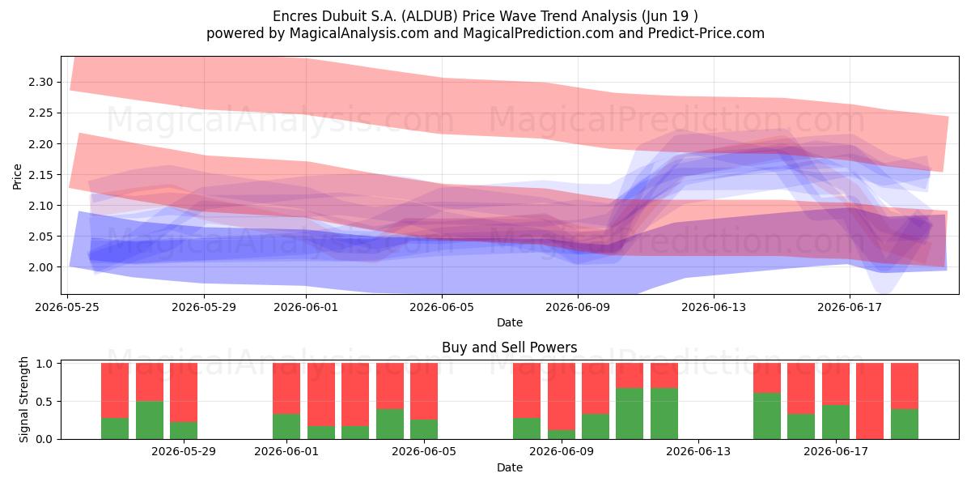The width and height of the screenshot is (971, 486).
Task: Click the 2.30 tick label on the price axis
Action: [x=40, y=82]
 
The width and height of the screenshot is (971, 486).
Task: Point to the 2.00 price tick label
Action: [x=40, y=267]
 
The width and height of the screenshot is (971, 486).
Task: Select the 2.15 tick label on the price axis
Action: [x=40, y=175]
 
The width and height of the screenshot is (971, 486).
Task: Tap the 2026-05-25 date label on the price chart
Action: [x=67, y=307]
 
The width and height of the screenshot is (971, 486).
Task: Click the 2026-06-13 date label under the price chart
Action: [x=714, y=307]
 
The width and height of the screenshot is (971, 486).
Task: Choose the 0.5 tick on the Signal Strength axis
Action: [x=44, y=402]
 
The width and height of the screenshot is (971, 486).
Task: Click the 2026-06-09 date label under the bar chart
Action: [x=562, y=452]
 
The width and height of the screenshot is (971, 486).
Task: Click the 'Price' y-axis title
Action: [x=17, y=177]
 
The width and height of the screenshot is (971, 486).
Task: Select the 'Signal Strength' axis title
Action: [x=23, y=399]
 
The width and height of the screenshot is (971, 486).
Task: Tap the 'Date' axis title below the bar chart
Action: [x=510, y=467]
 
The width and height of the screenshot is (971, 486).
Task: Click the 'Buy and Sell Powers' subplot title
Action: [x=510, y=347]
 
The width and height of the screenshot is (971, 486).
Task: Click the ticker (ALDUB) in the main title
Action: [x=430, y=16]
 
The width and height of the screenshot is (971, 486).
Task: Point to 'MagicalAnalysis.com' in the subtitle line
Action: [x=359, y=33]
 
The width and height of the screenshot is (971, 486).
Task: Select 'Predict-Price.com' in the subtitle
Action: [x=706, y=33]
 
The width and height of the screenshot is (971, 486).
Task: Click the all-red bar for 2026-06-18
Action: [x=870, y=401]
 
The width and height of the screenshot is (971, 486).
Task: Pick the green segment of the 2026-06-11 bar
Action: [x=630, y=414]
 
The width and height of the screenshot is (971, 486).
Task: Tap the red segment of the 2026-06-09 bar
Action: [x=562, y=397]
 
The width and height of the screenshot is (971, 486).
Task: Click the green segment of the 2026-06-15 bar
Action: [x=767, y=416]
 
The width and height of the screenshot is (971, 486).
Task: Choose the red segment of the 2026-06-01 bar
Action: [x=286, y=389]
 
